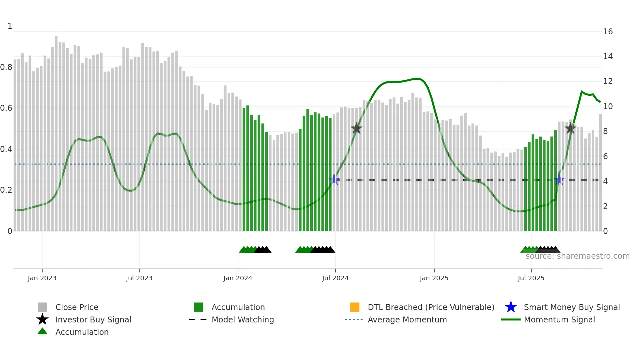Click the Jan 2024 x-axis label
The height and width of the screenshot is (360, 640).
click(x=238, y=278)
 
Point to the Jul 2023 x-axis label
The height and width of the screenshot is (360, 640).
click(x=139, y=278)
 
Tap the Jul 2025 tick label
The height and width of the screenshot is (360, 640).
click(x=531, y=278)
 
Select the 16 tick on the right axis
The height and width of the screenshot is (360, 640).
click(x=608, y=32)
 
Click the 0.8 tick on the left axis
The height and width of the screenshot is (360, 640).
click(x=6, y=67)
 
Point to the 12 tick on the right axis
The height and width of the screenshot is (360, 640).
click(x=608, y=81)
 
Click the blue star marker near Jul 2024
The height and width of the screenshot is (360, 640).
click(x=334, y=180)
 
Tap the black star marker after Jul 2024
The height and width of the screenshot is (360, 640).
click(x=356, y=128)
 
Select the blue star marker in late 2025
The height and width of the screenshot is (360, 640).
click(x=559, y=180)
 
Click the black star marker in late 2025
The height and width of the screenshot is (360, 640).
click(x=570, y=128)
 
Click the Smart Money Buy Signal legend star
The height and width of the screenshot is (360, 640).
click(x=511, y=307)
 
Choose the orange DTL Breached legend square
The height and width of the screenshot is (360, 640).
click(x=355, y=307)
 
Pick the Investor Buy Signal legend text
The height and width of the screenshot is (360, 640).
click(x=93, y=319)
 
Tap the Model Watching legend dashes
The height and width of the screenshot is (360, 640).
click(x=198, y=319)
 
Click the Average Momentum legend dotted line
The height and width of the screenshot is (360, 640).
click(x=354, y=319)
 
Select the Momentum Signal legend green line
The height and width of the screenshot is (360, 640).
click(x=511, y=319)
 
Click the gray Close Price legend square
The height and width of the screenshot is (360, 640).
click(x=42, y=307)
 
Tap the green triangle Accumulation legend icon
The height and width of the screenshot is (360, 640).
click(x=42, y=332)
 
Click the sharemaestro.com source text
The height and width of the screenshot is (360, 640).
click(x=577, y=256)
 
